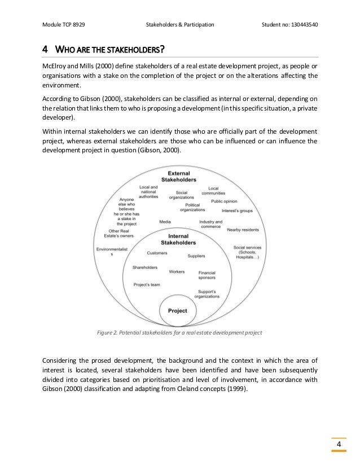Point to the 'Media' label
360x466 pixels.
(x=165, y=222)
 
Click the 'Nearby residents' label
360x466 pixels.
(x=242, y=230)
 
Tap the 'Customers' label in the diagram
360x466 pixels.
(x=157, y=253)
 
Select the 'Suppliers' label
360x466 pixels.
(x=196, y=256)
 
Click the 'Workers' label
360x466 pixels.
(x=177, y=272)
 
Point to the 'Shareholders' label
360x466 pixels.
(x=145, y=267)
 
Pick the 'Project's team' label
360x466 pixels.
(x=146, y=285)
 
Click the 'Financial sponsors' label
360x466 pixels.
(x=207, y=275)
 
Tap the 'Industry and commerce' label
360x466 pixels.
(x=211, y=225)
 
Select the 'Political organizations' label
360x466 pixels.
(x=192, y=208)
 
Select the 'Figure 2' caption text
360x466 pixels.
(x=179, y=333)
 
